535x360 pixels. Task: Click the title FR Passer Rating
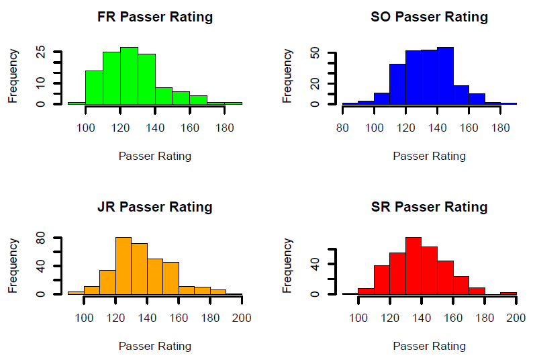pos(154,17)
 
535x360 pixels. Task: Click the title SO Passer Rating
pos(429,17)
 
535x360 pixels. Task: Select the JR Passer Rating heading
pos(154,207)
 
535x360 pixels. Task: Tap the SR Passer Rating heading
pos(429,207)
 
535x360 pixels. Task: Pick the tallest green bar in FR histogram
pos(129,76)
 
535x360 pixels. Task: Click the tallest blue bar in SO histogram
pos(445,76)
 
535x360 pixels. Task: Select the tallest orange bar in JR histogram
pos(124,266)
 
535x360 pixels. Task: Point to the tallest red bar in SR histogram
pos(414,266)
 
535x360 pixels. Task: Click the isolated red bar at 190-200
pos(508,293)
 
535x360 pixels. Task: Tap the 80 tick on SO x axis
pos(342,127)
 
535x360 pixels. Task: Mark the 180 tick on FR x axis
pos(224,127)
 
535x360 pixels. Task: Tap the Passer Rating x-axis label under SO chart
pos(429,156)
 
